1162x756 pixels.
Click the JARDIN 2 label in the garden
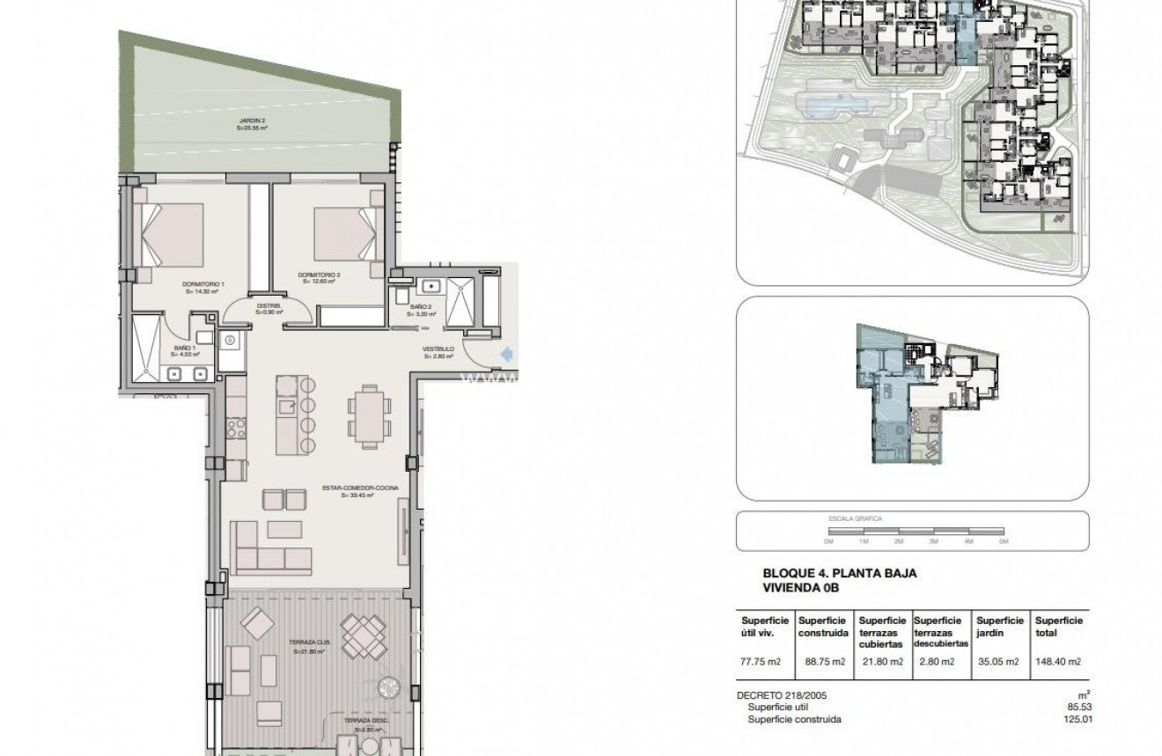pyautogui.click(x=252, y=124)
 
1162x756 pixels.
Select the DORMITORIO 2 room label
pyautogui.click(x=320, y=277)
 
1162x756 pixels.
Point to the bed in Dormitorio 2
pyautogui.click(x=344, y=233)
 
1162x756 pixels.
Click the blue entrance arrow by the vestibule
pyautogui.click(x=506, y=354)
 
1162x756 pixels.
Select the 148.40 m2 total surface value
pyautogui.click(x=1058, y=662)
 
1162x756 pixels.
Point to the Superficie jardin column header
pyautogui.click(x=1000, y=626)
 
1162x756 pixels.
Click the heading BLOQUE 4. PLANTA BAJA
pyautogui.click(x=840, y=573)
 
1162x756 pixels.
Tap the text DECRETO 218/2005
pyautogui.click(x=782, y=695)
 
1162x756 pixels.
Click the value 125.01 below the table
pyautogui.click(x=1076, y=719)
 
